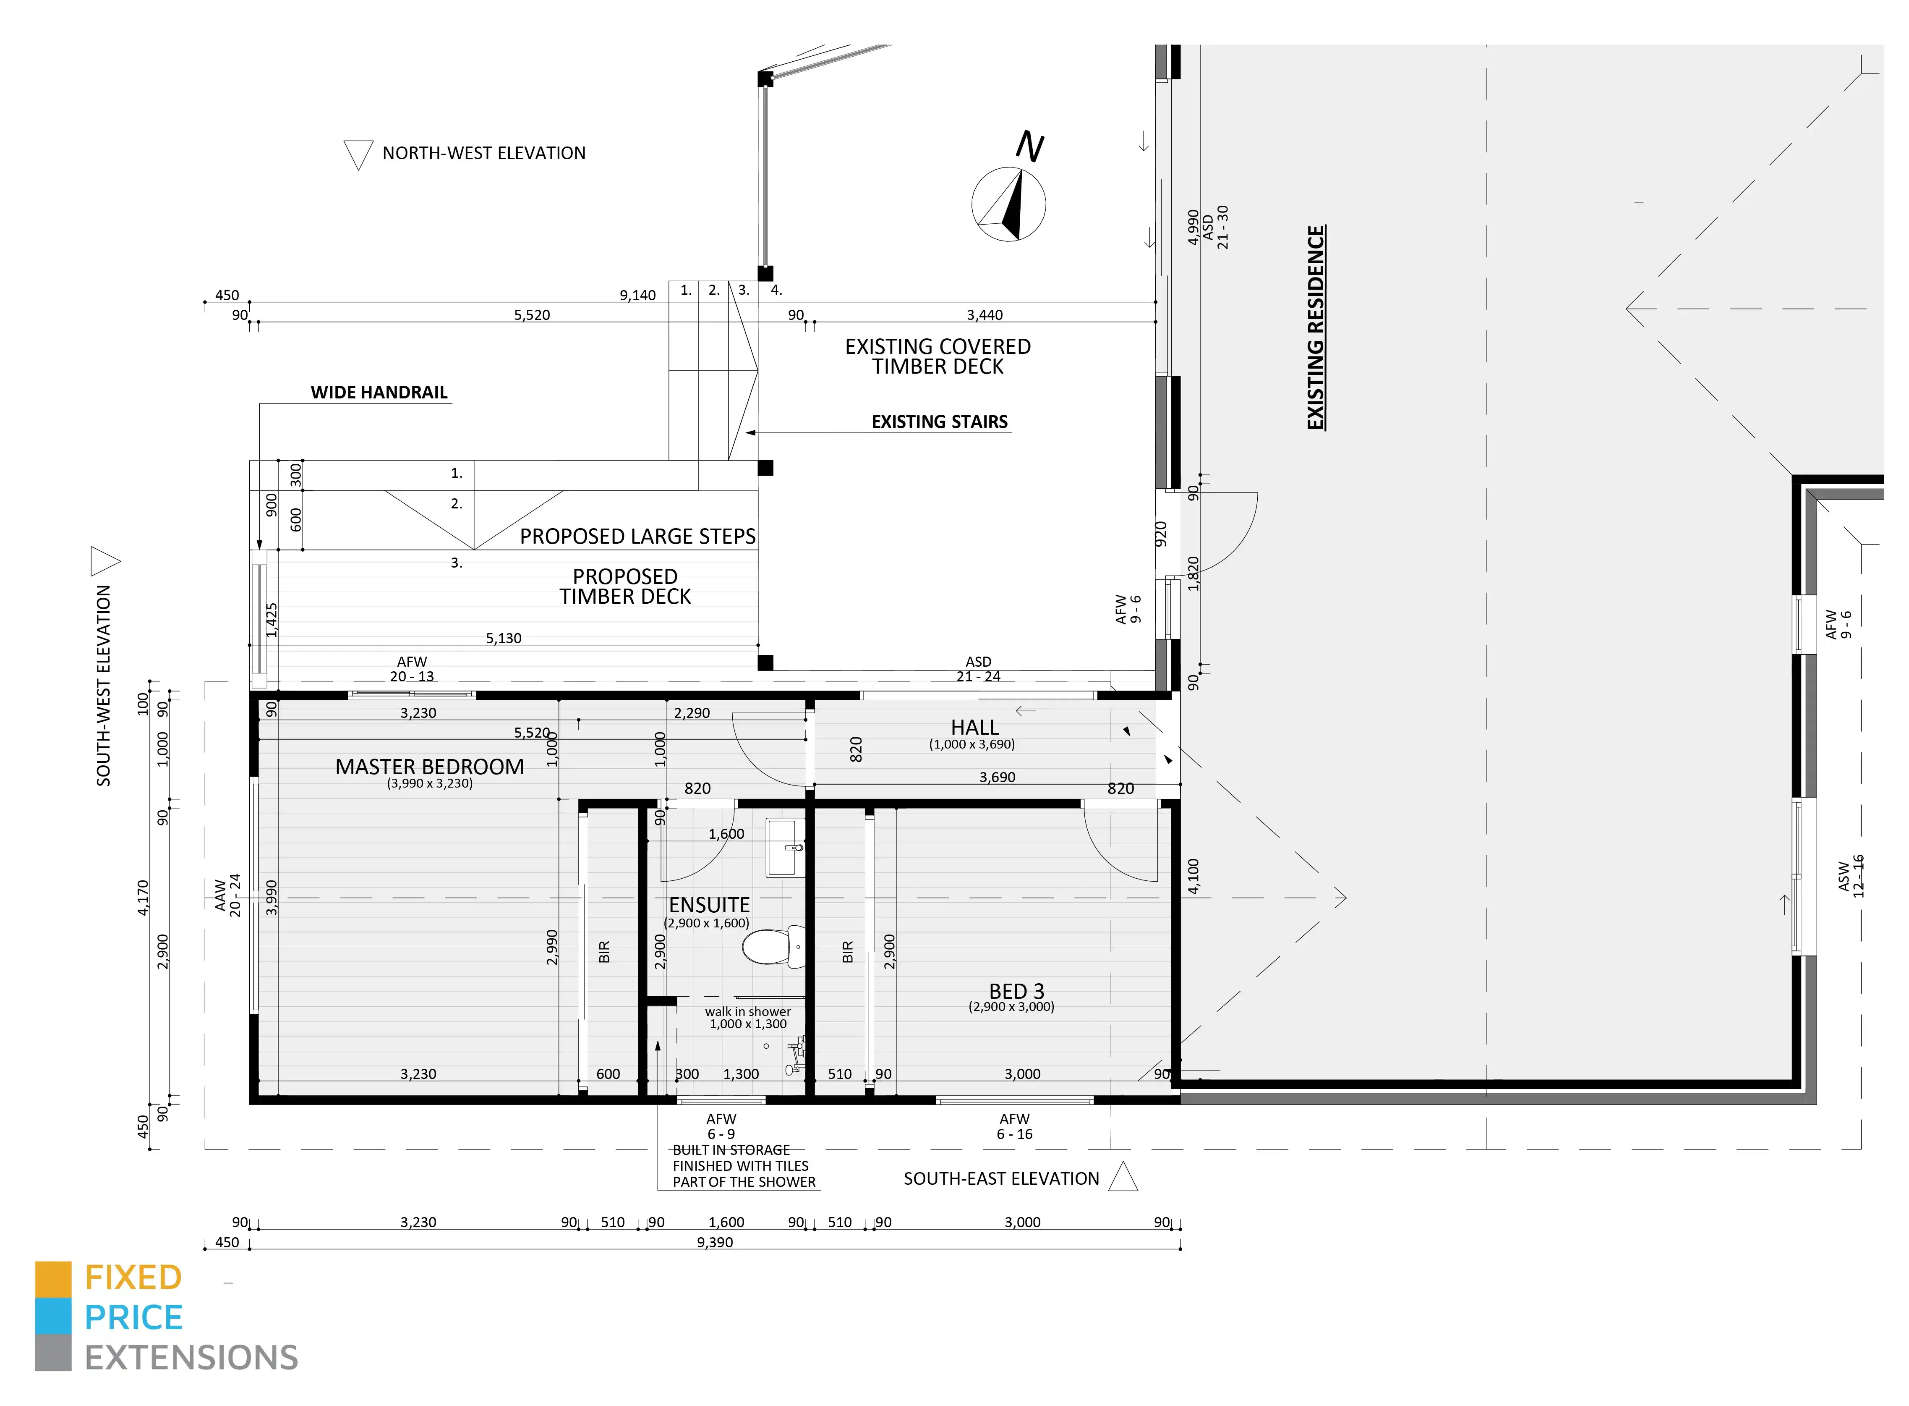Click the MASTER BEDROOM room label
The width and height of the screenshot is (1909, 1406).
430,767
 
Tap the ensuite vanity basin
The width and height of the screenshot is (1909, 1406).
785,848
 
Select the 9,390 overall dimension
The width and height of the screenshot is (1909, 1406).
715,1242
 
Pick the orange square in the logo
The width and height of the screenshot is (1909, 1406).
53,1279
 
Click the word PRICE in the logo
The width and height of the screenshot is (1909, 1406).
133,1317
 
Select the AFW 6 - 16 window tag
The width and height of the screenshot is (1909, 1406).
1014,1126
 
